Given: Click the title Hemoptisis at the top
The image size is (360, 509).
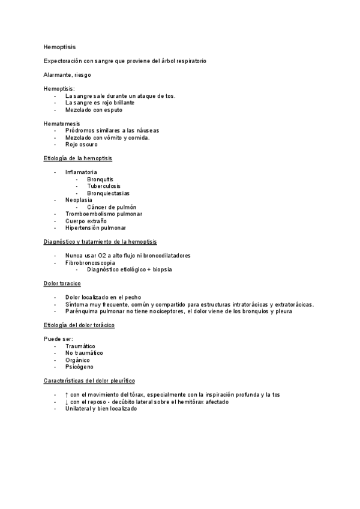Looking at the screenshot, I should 59,46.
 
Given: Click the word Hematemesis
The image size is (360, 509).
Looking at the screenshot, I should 62,124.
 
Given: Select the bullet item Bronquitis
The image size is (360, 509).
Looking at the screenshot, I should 100,179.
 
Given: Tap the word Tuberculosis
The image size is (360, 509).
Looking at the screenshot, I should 104,186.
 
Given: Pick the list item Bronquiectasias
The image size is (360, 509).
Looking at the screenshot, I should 108,193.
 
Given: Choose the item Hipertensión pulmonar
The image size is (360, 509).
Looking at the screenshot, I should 96,228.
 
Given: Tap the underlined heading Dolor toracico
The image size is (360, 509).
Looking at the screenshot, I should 62,283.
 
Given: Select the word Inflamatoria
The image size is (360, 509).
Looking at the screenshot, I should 81,172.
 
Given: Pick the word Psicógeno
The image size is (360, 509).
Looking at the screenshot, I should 79,367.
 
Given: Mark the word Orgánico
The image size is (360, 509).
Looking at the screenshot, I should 78,360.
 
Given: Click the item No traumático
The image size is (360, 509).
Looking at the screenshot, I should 84,353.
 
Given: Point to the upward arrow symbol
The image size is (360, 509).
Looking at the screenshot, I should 67,394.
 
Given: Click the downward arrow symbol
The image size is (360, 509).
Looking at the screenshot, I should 67,402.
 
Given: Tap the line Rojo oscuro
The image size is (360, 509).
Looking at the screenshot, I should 82,145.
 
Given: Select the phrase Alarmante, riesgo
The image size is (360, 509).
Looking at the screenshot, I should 68,75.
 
